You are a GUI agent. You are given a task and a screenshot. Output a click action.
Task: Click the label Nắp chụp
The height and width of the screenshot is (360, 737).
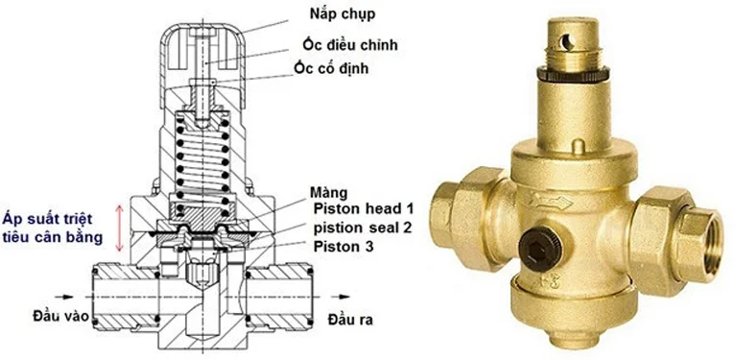tap(343, 14)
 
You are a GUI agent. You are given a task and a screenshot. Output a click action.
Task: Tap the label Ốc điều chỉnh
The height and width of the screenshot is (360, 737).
tap(350, 45)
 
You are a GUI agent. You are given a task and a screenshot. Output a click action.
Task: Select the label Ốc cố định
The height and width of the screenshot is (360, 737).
tap(331, 68)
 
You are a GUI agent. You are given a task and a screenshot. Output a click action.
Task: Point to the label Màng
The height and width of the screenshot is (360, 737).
tap(328, 193)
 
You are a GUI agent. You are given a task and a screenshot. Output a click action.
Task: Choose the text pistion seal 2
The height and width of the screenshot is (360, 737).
tap(363, 228)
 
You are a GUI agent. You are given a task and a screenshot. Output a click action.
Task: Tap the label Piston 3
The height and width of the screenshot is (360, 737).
tap(344, 247)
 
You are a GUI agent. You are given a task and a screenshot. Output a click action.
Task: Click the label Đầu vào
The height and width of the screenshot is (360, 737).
tap(60, 316)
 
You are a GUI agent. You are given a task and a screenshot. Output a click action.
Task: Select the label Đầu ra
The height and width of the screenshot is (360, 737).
tap(350, 320)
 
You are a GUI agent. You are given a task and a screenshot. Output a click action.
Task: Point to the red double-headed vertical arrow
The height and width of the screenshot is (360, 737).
tap(120, 228)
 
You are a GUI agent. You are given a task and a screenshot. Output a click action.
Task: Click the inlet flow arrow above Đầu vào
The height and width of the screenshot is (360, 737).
tap(64, 297)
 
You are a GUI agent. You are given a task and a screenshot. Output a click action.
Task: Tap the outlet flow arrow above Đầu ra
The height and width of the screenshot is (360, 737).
tap(341, 297)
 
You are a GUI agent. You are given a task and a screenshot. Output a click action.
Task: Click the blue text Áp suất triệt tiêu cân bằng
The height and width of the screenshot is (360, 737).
tap(52, 228)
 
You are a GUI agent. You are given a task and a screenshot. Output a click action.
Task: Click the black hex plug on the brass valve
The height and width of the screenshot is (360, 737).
tap(540, 249)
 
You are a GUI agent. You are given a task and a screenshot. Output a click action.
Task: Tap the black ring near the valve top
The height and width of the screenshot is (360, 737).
tap(573, 74)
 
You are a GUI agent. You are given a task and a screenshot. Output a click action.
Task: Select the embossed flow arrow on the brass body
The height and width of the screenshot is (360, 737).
tap(550, 203)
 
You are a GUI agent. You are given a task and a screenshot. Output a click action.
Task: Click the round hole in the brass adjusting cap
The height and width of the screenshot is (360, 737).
tap(566, 43)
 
